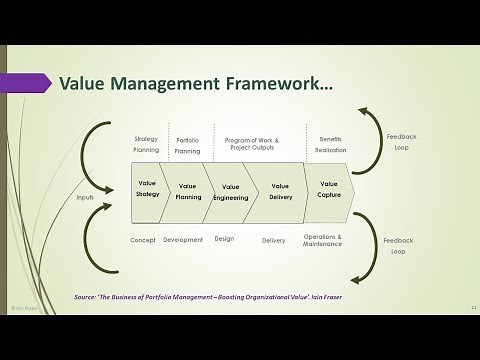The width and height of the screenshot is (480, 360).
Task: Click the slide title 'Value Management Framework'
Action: click(196, 83)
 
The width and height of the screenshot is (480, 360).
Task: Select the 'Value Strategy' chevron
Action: click(148, 188)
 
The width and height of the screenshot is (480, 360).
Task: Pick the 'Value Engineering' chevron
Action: click(232, 192)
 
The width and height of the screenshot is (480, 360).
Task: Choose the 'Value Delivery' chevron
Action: click(280, 191)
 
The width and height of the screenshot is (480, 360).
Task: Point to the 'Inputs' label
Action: click(85, 197)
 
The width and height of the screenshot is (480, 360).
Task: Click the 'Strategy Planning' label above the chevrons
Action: click(147, 145)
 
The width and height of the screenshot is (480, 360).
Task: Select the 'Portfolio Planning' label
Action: click(188, 146)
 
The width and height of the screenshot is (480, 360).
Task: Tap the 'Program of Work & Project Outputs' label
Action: click(253, 145)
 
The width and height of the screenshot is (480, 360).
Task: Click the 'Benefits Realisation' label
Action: click(331, 145)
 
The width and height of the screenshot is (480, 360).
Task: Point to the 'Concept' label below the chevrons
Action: click(143, 240)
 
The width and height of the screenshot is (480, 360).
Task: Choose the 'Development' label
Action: click(183, 240)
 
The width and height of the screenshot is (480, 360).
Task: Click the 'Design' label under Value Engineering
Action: click(224, 239)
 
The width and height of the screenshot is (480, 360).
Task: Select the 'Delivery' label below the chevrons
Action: click(273, 240)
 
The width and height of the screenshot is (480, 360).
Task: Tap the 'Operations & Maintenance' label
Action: click(323, 241)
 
